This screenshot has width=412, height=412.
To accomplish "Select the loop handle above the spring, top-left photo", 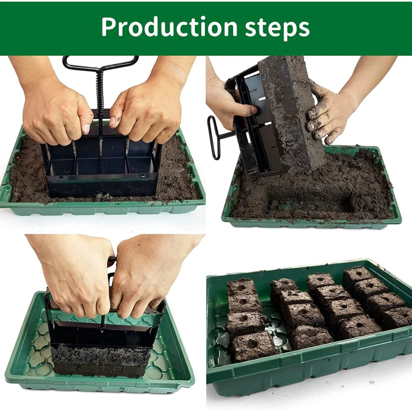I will coord(101,63).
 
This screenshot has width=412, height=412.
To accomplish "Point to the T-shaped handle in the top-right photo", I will coord(215,137).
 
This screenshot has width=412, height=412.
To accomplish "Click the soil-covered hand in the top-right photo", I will coord(328,113).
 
